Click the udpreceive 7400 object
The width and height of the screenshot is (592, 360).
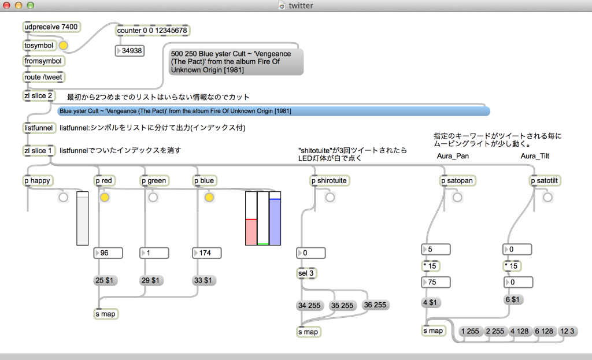click(51, 27)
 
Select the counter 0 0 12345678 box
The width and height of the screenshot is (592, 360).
click(153, 31)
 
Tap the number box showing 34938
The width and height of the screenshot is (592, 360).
click(129, 51)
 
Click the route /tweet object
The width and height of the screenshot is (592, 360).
click(44, 77)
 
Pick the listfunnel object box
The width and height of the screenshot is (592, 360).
click(39, 128)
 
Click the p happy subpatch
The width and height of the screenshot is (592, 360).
click(39, 181)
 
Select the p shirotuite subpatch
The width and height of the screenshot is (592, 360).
click(330, 181)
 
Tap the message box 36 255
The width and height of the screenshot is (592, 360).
click(376, 305)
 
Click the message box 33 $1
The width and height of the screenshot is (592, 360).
click(205, 280)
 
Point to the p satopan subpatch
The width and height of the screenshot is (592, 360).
click(458, 181)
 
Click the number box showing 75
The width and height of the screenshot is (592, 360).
click(435, 283)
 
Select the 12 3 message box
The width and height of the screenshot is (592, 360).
click(567, 331)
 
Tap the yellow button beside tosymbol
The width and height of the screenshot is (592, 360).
click(63, 46)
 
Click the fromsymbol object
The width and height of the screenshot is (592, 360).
click(44, 61)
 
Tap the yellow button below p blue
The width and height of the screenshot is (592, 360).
click(209, 198)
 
